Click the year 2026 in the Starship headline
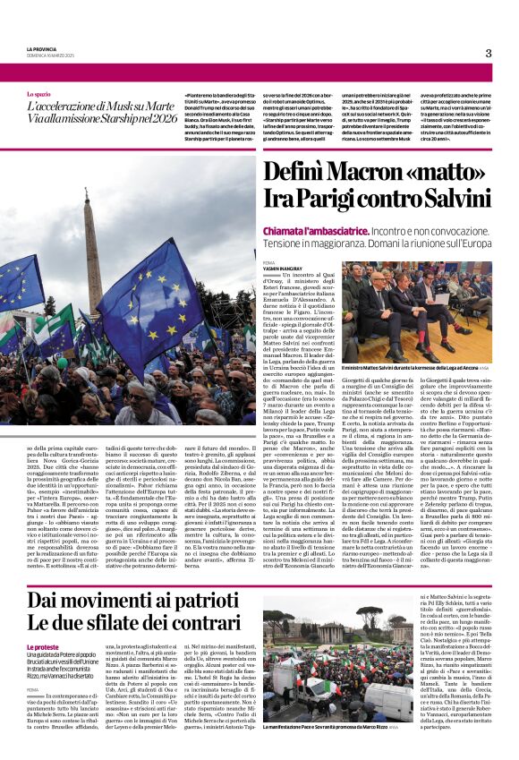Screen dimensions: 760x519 pyautogui.click(x=160, y=116)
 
